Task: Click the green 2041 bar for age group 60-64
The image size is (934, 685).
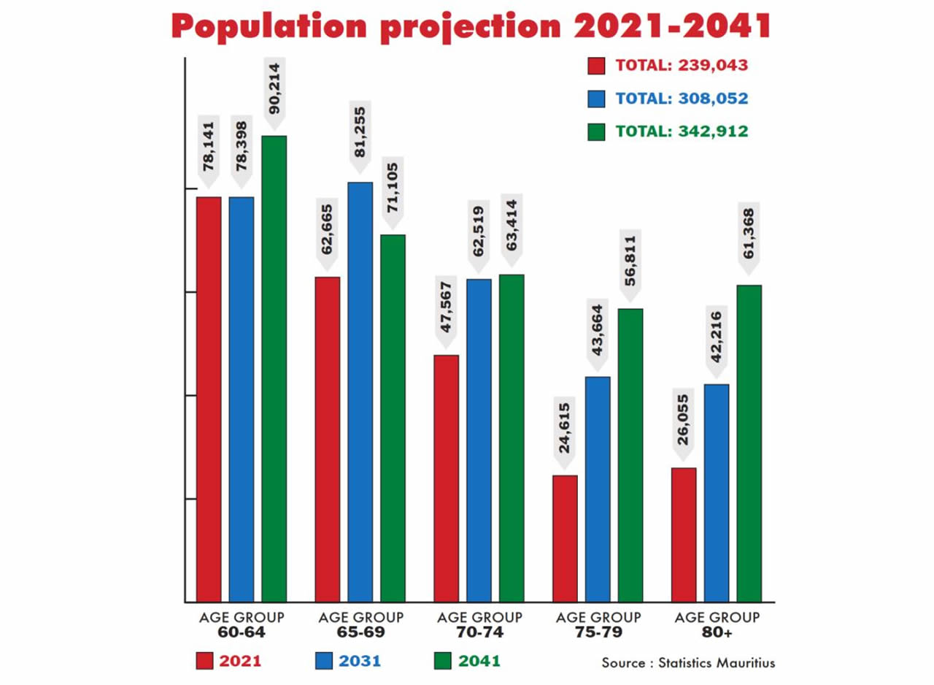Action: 274,369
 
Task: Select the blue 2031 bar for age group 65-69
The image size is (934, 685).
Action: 360,392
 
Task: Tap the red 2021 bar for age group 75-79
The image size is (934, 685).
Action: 565,538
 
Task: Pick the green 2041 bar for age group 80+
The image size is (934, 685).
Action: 749,443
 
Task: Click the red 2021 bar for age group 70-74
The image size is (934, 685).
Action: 446,478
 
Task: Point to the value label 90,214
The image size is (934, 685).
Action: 274,93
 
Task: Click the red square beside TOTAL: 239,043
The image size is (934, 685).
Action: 596,66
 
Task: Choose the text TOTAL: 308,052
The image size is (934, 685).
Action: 682,99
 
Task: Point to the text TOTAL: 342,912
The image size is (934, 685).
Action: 682,131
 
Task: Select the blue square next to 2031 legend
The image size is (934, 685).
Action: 325,662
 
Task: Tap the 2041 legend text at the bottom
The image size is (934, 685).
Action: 479,662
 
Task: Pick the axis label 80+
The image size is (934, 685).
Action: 717,631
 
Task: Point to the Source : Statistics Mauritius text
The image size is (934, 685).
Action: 688,663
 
